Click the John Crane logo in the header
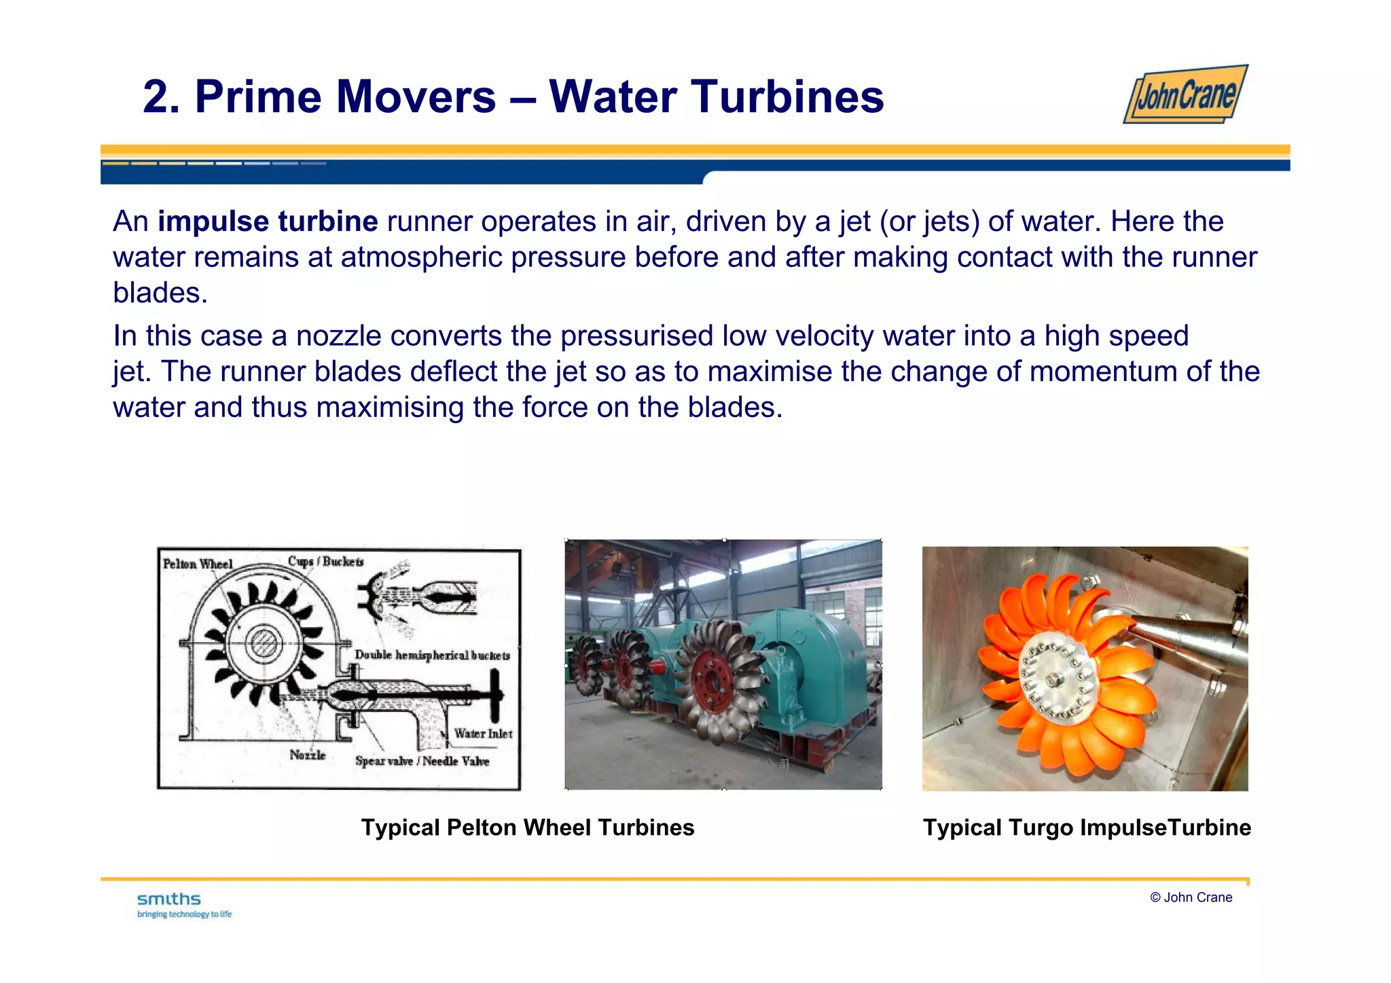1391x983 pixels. pyautogui.click(x=1185, y=94)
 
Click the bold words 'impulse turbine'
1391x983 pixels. pyautogui.click(x=268, y=221)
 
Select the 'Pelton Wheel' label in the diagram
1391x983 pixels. pyautogui.click(x=198, y=564)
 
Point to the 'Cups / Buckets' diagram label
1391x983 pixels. pyautogui.click(x=325, y=561)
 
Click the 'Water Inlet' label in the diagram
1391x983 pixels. pyautogui.click(x=483, y=734)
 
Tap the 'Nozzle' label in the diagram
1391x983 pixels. pyautogui.click(x=307, y=755)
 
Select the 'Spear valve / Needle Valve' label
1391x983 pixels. pyautogui.click(x=422, y=761)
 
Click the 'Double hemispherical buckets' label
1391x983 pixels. pyautogui.click(x=432, y=655)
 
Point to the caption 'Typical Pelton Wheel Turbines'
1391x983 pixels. pyautogui.click(x=528, y=827)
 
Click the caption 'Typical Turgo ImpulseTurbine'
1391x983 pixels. pyautogui.click(x=1086, y=827)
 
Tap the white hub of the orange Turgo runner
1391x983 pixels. pyautogui.click(x=1054, y=678)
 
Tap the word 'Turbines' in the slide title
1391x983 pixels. pyautogui.click(x=787, y=97)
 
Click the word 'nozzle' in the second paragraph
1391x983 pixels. pyautogui.click(x=338, y=336)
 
